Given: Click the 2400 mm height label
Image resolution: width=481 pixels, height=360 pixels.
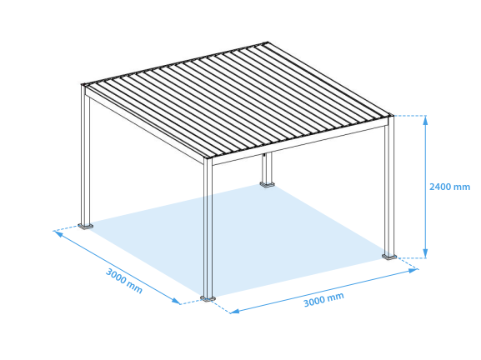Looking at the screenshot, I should [x=449, y=187].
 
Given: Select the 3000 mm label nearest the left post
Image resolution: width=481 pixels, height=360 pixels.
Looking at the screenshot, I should [x=123, y=281].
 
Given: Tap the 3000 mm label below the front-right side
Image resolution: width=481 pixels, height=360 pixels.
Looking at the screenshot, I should [x=323, y=299].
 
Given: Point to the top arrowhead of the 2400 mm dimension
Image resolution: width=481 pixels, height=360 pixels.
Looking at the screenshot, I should [x=425, y=118].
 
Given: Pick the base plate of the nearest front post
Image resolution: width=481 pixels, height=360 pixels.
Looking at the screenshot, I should [x=208, y=297].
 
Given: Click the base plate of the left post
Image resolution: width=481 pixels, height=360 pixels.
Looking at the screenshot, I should [x=85, y=225].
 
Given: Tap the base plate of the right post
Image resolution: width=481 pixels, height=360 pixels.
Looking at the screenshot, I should [x=389, y=256].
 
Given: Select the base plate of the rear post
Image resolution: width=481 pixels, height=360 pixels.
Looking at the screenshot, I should [x=267, y=183].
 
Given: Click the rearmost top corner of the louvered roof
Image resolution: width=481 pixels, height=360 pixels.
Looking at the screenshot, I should [x=266, y=42].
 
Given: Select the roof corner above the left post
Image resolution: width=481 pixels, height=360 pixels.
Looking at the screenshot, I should [x=84, y=84].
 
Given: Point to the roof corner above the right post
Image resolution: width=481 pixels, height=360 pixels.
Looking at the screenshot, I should [x=390, y=115].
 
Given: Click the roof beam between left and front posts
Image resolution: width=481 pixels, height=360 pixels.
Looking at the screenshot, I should [x=146, y=123].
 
